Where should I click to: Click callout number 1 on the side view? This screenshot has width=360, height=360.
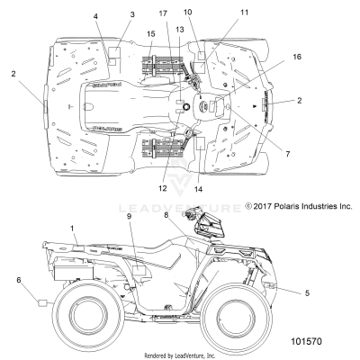tap(72, 229)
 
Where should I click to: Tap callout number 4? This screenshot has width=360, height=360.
tap(95, 17)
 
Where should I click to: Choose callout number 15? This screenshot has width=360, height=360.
tap(150, 33)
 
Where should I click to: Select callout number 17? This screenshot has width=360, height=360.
tap(163, 12)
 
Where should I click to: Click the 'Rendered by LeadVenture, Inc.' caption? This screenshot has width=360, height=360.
tap(179, 355)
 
